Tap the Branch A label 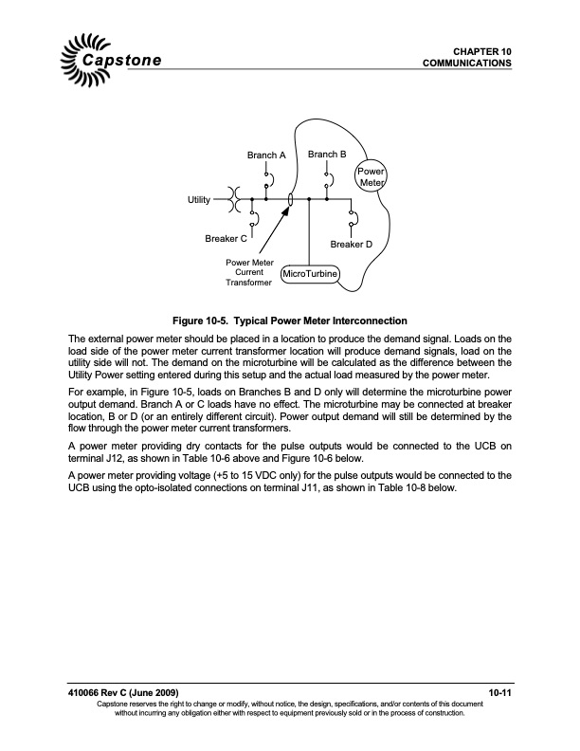click(266, 155)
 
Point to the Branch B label click(327, 154)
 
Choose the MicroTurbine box click(310, 276)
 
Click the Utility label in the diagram click(198, 200)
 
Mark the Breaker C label click(227, 239)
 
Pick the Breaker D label click(351, 245)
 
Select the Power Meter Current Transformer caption click(249, 272)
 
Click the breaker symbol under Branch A click(267, 178)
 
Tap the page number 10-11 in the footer click(500, 697)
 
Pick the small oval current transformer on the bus click(290, 200)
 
